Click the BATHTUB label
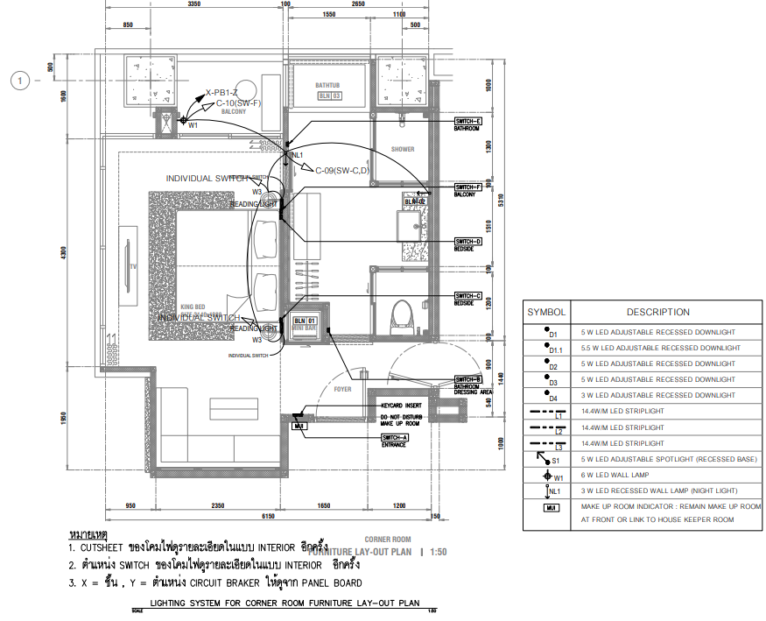(x=329, y=85)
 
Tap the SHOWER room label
(x=403, y=150)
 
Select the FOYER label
(x=341, y=390)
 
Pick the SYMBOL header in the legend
(x=546, y=312)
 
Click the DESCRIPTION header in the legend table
(x=657, y=312)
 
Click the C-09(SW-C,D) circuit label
(x=342, y=170)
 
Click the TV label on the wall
(x=133, y=265)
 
